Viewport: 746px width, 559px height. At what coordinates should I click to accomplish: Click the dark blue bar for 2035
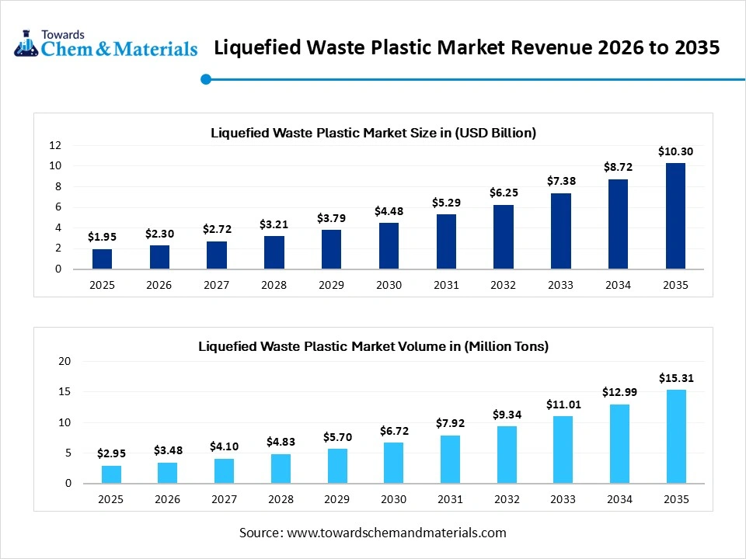click(x=675, y=216)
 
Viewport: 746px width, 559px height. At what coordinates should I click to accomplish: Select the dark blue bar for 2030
click(x=389, y=246)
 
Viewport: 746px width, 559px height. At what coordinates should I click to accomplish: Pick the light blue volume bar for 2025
click(x=110, y=474)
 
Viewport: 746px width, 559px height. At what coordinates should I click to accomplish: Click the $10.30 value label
click(x=675, y=151)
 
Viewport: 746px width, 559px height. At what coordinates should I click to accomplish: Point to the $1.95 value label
click(x=102, y=236)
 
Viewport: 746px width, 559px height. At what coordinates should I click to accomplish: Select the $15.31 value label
click(x=675, y=378)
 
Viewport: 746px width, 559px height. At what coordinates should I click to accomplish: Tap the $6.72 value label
click(x=392, y=430)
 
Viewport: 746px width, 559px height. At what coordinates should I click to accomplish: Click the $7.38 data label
click(x=560, y=180)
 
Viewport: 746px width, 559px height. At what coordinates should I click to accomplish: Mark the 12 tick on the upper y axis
click(x=54, y=145)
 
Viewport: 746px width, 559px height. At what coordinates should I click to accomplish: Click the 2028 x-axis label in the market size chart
click(x=274, y=285)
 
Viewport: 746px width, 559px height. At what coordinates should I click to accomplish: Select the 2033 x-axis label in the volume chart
click(x=563, y=499)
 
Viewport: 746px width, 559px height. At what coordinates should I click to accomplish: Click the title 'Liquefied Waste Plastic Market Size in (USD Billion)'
click(x=373, y=133)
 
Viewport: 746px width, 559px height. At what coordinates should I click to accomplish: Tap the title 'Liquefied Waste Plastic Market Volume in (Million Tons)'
click(x=373, y=346)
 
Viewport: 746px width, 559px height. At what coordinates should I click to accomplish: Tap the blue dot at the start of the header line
click(x=206, y=78)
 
